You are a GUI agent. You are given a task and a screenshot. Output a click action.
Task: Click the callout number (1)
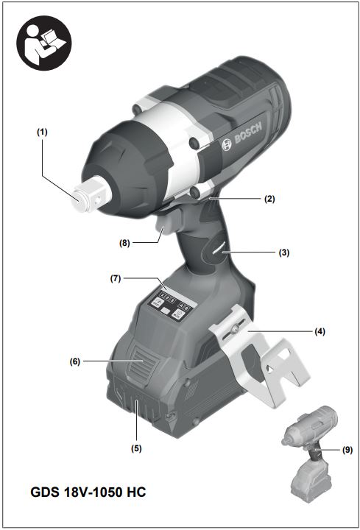click(x=42, y=132)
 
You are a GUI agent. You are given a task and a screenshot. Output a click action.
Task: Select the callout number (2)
click(x=269, y=199)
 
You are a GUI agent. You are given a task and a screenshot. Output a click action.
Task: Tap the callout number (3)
click(x=284, y=252)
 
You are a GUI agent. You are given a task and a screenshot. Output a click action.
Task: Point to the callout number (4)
click(x=320, y=331)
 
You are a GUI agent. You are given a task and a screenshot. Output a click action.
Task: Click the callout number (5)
click(x=136, y=448)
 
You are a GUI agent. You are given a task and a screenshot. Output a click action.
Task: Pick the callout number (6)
click(x=75, y=361)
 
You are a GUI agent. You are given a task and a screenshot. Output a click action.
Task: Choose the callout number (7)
click(x=116, y=278)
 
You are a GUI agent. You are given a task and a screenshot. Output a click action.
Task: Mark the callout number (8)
click(x=124, y=243)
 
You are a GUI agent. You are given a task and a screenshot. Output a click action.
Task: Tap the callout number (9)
click(x=347, y=450)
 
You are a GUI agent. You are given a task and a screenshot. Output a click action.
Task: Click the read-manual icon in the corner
click(x=44, y=43)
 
